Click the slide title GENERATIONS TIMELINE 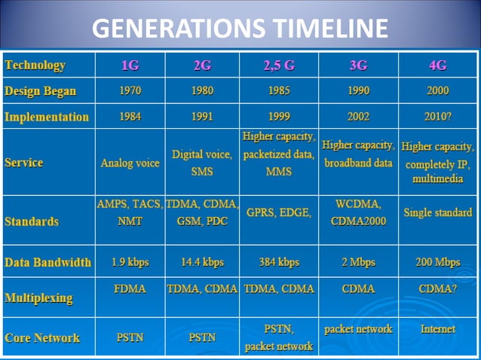240,29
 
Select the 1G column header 130,65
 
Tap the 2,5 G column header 279,65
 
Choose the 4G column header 438,65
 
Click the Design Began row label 41,91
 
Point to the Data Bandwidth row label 47,263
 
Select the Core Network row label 42,337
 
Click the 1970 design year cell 130,91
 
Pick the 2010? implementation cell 438,117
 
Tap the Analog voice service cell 130,163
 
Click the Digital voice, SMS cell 202,163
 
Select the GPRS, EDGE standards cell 279,213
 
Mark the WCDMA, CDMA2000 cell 358,212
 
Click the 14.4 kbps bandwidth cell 202,263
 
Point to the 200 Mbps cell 438,263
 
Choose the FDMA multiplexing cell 130,288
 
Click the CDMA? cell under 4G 438,288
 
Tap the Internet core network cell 438,329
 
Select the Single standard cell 438,213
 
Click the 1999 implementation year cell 279,117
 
